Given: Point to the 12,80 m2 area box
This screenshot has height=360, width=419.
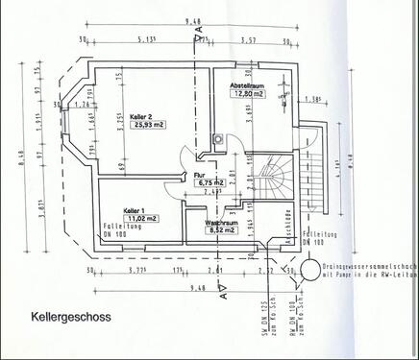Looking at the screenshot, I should point(248,94).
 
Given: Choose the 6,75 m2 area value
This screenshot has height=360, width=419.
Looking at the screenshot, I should point(211,182).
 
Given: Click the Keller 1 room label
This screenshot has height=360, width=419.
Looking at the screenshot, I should point(134,209).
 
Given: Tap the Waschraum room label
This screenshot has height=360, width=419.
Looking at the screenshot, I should point(221,222).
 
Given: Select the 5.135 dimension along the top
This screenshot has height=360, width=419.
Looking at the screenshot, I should point(148,40).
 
